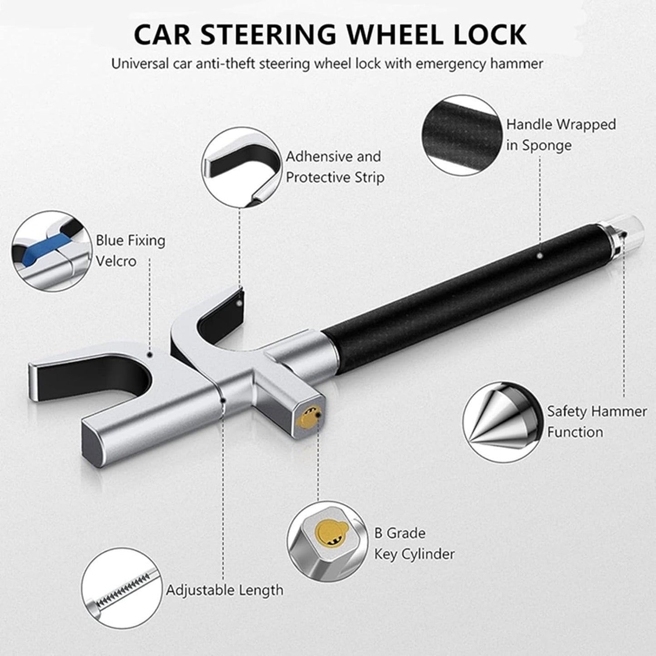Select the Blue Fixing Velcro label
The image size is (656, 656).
[x=130, y=251]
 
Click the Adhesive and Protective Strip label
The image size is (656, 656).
[x=335, y=167]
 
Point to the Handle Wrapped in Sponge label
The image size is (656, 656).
[x=561, y=134]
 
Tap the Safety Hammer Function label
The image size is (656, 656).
[x=597, y=421]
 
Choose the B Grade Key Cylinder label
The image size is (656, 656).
[x=414, y=543]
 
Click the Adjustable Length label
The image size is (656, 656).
[x=224, y=590]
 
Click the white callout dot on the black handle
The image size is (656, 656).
[x=539, y=256]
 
